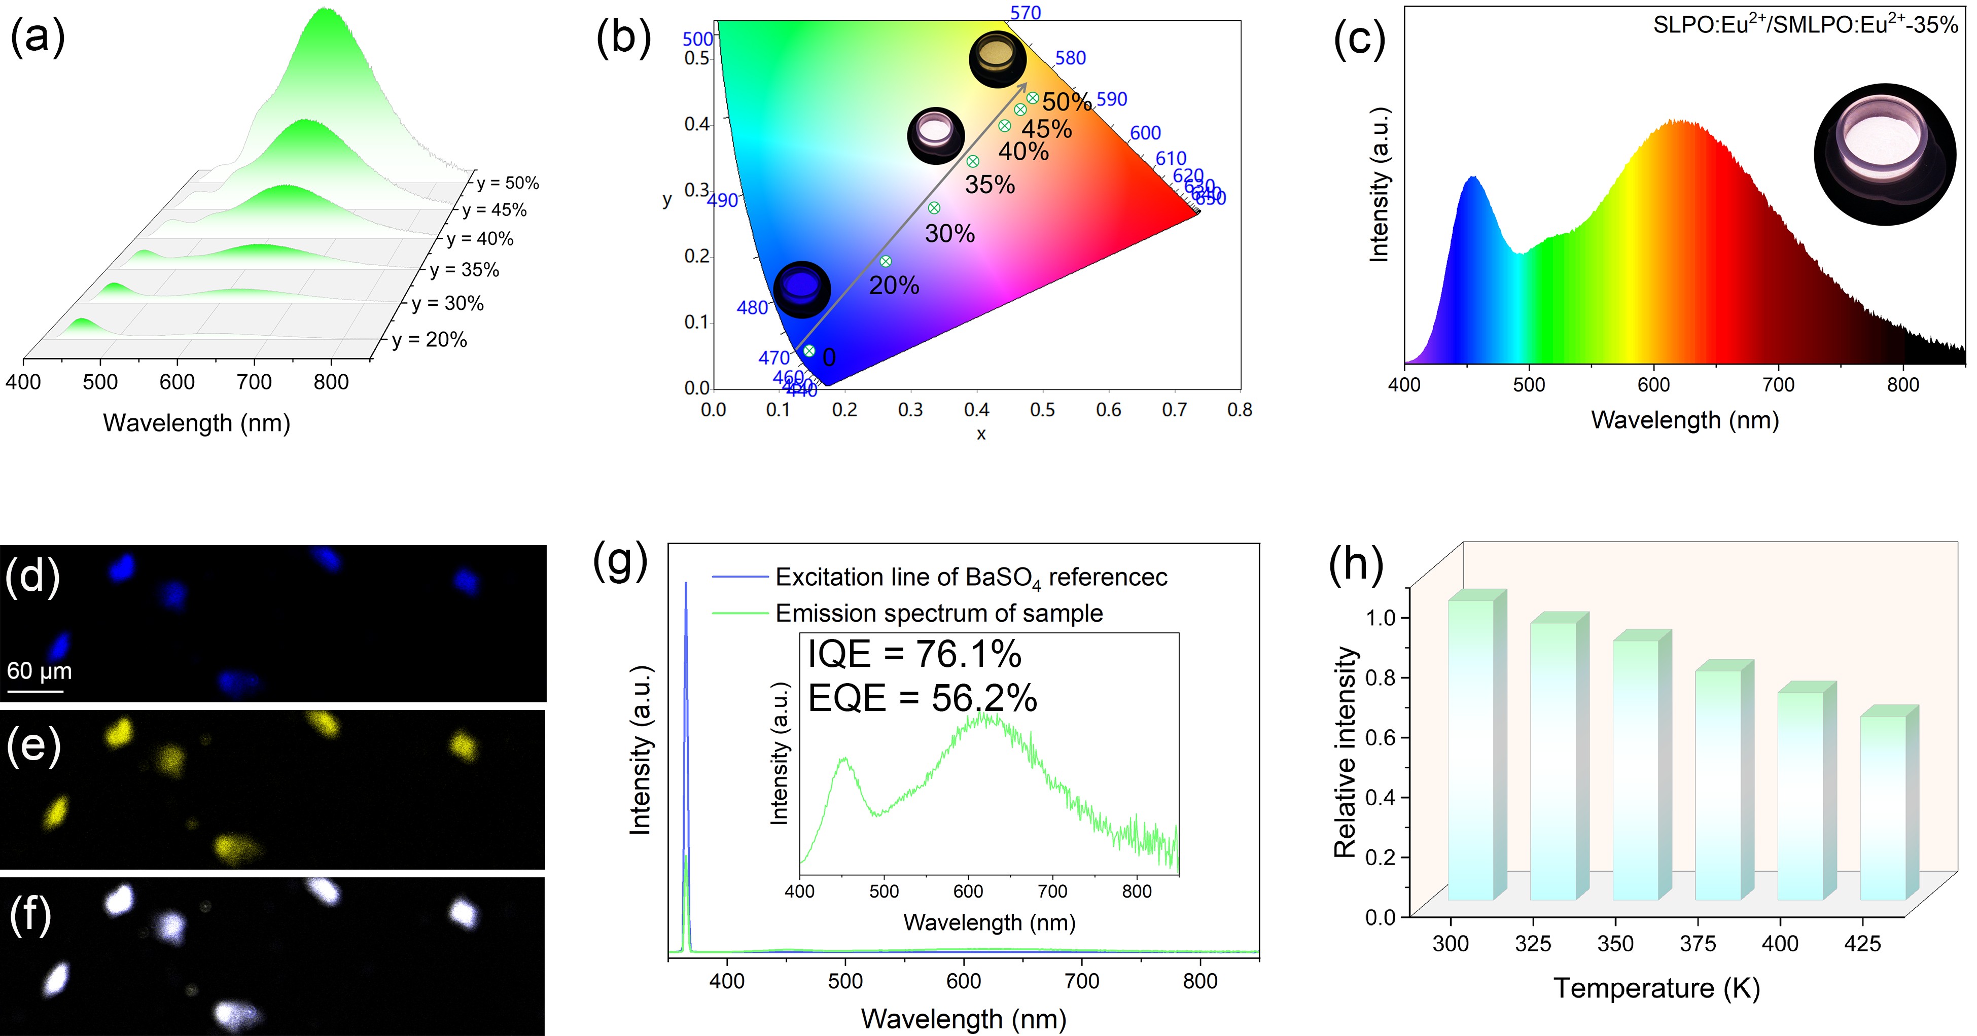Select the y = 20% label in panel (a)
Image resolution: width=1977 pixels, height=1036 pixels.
tap(429, 339)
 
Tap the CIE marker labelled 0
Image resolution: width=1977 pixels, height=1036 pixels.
tap(809, 351)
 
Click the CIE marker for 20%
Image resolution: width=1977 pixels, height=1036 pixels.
tap(886, 261)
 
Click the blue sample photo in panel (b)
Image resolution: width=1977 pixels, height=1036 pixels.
tap(802, 290)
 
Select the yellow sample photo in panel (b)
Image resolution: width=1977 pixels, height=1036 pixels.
tap(998, 58)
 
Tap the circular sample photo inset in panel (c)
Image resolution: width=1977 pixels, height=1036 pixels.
tap(1885, 154)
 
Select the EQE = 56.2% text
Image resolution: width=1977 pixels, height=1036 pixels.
tap(922, 698)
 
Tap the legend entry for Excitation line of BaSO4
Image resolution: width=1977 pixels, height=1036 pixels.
tap(970, 577)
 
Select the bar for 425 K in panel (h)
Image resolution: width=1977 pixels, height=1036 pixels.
tap(1883, 806)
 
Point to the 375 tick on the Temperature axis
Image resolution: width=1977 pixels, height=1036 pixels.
tap(1698, 943)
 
